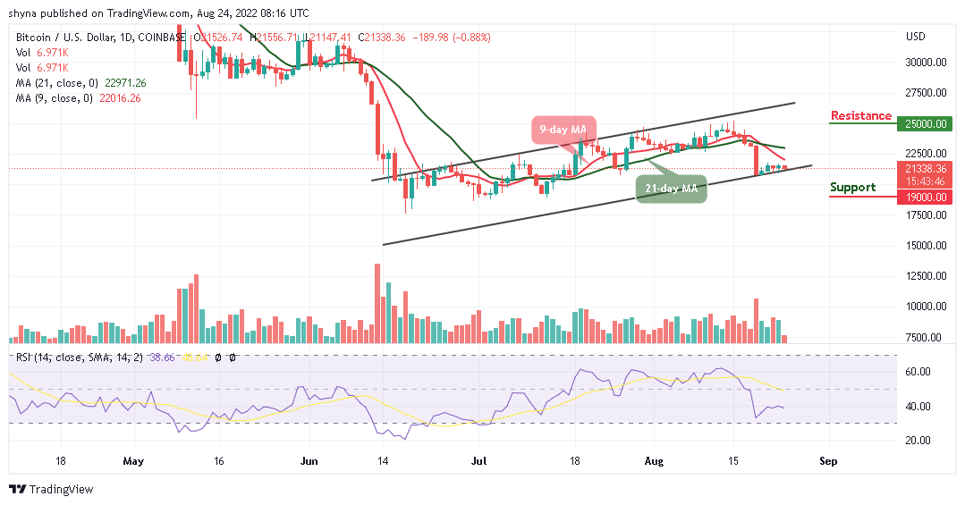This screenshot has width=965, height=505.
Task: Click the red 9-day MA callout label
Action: click(x=565, y=130)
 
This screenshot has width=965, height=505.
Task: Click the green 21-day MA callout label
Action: click(x=671, y=189)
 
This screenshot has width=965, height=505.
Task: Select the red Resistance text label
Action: click(x=860, y=115)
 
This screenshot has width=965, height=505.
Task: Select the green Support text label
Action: click(x=852, y=187)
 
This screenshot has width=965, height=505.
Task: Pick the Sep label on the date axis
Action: click(x=828, y=462)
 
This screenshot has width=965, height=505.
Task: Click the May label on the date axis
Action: click(x=134, y=462)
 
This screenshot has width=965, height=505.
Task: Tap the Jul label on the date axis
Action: click(x=479, y=462)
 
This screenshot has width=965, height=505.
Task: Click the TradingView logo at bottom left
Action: click(x=51, y=490)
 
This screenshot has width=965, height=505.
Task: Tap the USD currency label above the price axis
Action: click(x=915, y=37)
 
